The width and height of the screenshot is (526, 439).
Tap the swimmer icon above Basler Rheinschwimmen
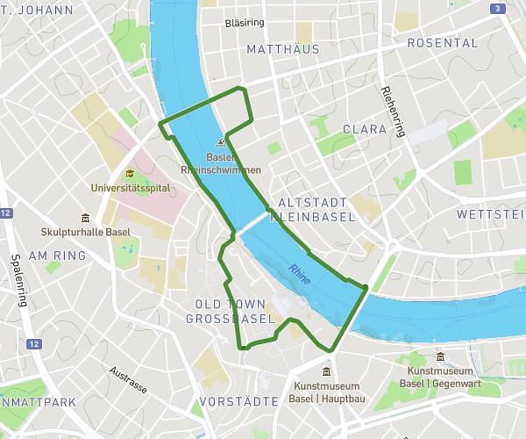(222, 143)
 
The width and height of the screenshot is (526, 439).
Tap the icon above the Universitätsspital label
(130, 173)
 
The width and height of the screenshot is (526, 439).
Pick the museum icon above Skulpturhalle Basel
(85, 218)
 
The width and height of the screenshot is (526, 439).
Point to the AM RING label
(58, 255)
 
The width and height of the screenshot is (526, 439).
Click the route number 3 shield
(498, 9)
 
